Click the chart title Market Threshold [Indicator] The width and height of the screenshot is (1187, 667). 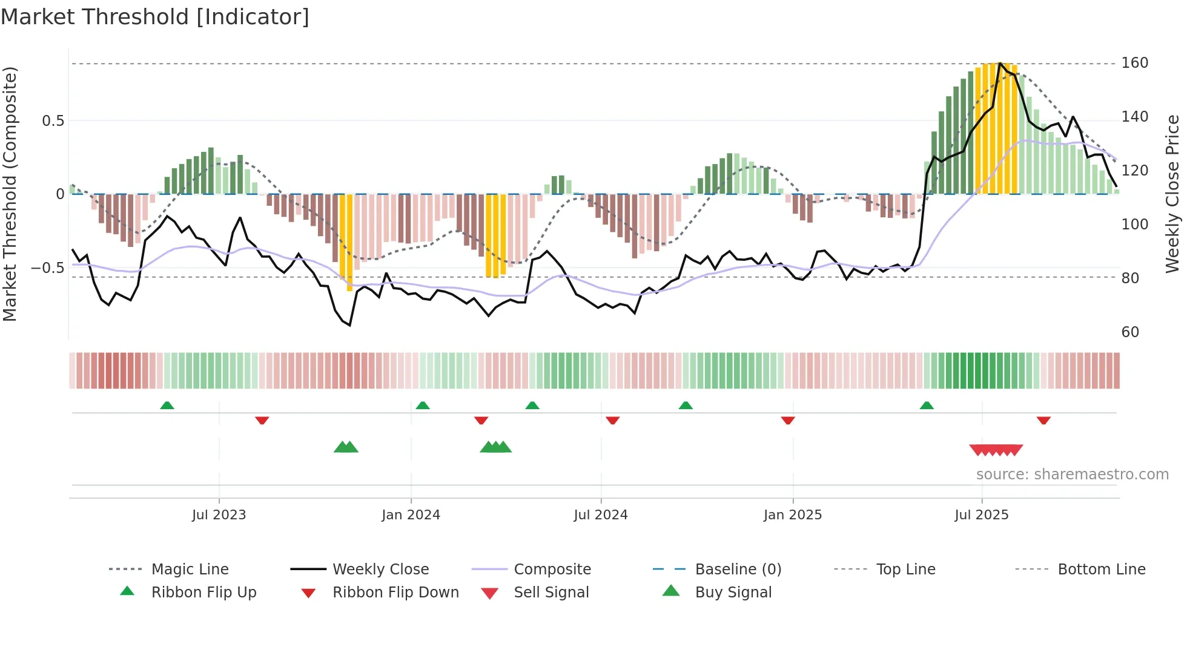155,17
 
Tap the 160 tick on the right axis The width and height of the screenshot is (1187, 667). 1134,63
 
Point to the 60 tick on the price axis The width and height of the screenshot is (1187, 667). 1130,332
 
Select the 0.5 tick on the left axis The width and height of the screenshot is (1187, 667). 53,121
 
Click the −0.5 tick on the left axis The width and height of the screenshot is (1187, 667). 48,268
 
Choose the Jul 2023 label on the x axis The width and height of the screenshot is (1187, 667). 219,515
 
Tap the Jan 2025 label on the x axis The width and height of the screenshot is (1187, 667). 792,515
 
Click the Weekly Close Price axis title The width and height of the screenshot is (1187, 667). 1172,194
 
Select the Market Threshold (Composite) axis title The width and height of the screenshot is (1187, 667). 10,194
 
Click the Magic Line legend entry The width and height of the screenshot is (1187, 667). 190,570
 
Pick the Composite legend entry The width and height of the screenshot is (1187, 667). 552,570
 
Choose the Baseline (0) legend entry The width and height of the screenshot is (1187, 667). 738,570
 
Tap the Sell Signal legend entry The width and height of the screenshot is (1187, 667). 551,593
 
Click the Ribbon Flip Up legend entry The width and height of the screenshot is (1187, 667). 203,593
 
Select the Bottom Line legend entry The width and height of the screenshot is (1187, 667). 1101,570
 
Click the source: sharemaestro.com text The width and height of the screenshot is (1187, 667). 1072,475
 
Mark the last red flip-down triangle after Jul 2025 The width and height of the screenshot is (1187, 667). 1043,420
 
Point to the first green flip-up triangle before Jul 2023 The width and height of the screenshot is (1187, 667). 167,406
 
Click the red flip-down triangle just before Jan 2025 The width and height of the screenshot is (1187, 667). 787,420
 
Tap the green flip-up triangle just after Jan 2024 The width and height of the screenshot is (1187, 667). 423,406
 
